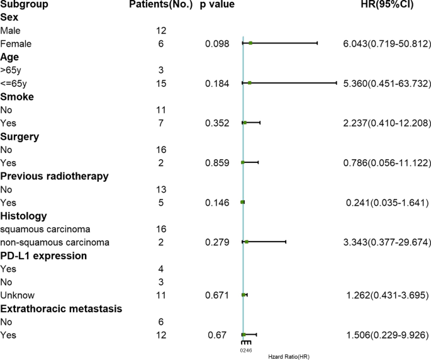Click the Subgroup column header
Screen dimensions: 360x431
point(22,5)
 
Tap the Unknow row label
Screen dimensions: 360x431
point(18,295)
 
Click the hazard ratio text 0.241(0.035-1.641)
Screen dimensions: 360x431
point(388,203)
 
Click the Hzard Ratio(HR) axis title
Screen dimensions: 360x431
point(289,356)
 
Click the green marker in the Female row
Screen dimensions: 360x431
point(250,43)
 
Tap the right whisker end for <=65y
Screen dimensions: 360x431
point(337,83)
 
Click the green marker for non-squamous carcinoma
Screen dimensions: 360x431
point(247,242)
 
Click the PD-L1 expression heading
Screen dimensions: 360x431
point(43,256)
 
